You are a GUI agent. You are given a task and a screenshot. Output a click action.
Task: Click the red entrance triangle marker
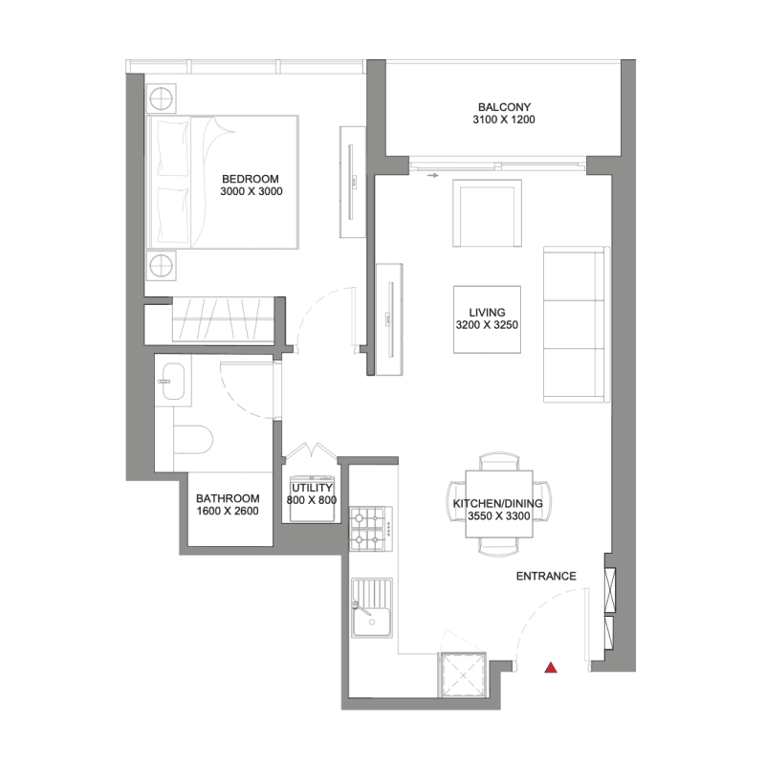coord(551,667)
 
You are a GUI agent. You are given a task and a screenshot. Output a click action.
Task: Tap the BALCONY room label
coord(505,107)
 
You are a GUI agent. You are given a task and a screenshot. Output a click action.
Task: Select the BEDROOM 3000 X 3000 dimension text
coord(251,191)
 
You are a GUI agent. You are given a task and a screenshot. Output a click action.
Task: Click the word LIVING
coord(487,313)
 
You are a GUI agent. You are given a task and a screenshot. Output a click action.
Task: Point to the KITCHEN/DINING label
coord(497,504)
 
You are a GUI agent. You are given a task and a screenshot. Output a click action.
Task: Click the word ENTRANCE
coord(546,577)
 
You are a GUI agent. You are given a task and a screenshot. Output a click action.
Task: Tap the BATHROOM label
coord(228,498)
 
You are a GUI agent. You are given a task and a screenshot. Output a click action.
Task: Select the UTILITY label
coord(312,488)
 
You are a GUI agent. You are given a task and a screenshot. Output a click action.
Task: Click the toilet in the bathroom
coord(194,440)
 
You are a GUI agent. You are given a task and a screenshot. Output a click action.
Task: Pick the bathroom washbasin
coord(172,381)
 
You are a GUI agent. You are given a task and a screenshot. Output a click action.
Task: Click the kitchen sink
coord(372,608)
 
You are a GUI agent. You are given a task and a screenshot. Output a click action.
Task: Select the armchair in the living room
coord(487,213)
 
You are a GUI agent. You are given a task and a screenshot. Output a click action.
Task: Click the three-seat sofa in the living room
coord(577,324)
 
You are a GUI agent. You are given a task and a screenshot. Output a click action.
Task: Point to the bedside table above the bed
coord(161,99)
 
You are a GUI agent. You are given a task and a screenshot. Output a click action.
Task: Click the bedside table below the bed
coord(161,267)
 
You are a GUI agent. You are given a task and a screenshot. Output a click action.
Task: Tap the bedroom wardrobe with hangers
coord(223,319)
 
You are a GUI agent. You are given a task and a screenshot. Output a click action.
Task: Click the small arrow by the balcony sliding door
coord(433,176)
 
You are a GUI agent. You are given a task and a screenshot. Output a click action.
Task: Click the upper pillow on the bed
coord(173,148)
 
